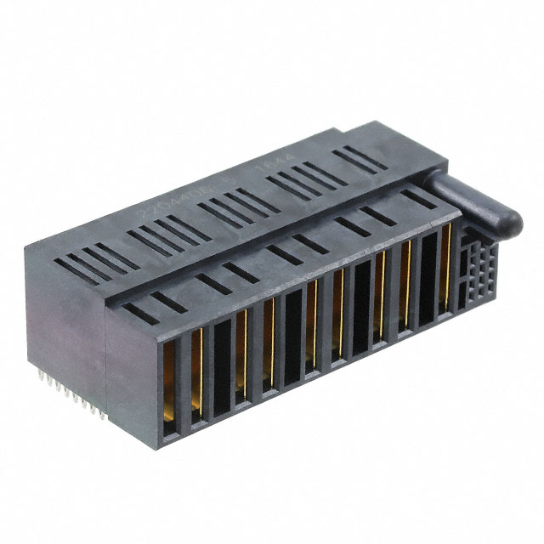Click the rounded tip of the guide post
click(x=513, y=223)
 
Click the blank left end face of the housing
click(x=64, y=323)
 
